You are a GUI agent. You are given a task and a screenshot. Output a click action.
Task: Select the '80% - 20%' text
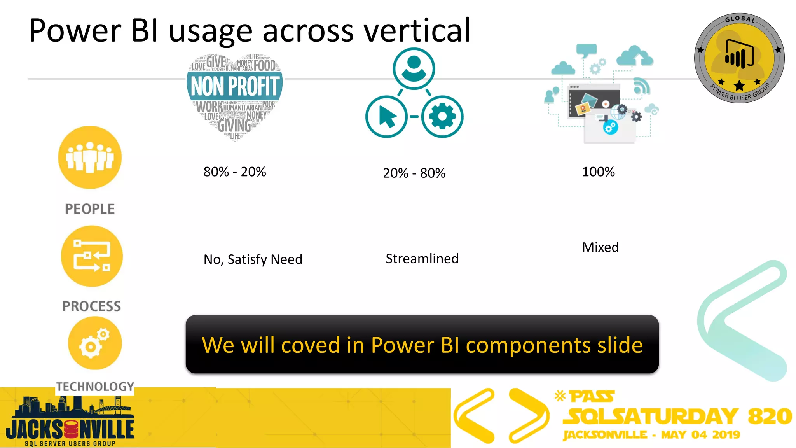235,171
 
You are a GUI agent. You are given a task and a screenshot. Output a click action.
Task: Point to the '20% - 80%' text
414,173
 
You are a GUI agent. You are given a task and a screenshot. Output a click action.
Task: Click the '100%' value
598,171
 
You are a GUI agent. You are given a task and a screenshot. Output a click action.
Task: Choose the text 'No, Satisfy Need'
253,259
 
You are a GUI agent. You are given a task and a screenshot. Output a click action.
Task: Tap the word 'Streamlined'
422,259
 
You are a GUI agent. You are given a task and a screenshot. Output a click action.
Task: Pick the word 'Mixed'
600,247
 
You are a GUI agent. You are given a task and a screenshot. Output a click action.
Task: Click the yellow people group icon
90,157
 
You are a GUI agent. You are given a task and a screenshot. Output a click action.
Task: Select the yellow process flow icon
92,256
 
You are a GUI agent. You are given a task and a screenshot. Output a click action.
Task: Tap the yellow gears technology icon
94,343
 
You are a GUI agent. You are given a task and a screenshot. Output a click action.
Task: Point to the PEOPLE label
90,209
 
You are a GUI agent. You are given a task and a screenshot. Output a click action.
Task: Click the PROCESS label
92,306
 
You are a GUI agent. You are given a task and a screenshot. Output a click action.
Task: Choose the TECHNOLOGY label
95,387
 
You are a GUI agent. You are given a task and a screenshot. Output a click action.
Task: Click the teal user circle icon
414,68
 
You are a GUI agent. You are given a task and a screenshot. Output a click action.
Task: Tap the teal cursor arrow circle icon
386,116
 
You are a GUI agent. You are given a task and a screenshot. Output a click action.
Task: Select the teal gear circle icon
442,116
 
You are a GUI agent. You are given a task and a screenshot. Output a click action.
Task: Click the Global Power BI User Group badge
739,58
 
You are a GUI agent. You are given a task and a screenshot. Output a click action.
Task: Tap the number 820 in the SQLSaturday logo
770,416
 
